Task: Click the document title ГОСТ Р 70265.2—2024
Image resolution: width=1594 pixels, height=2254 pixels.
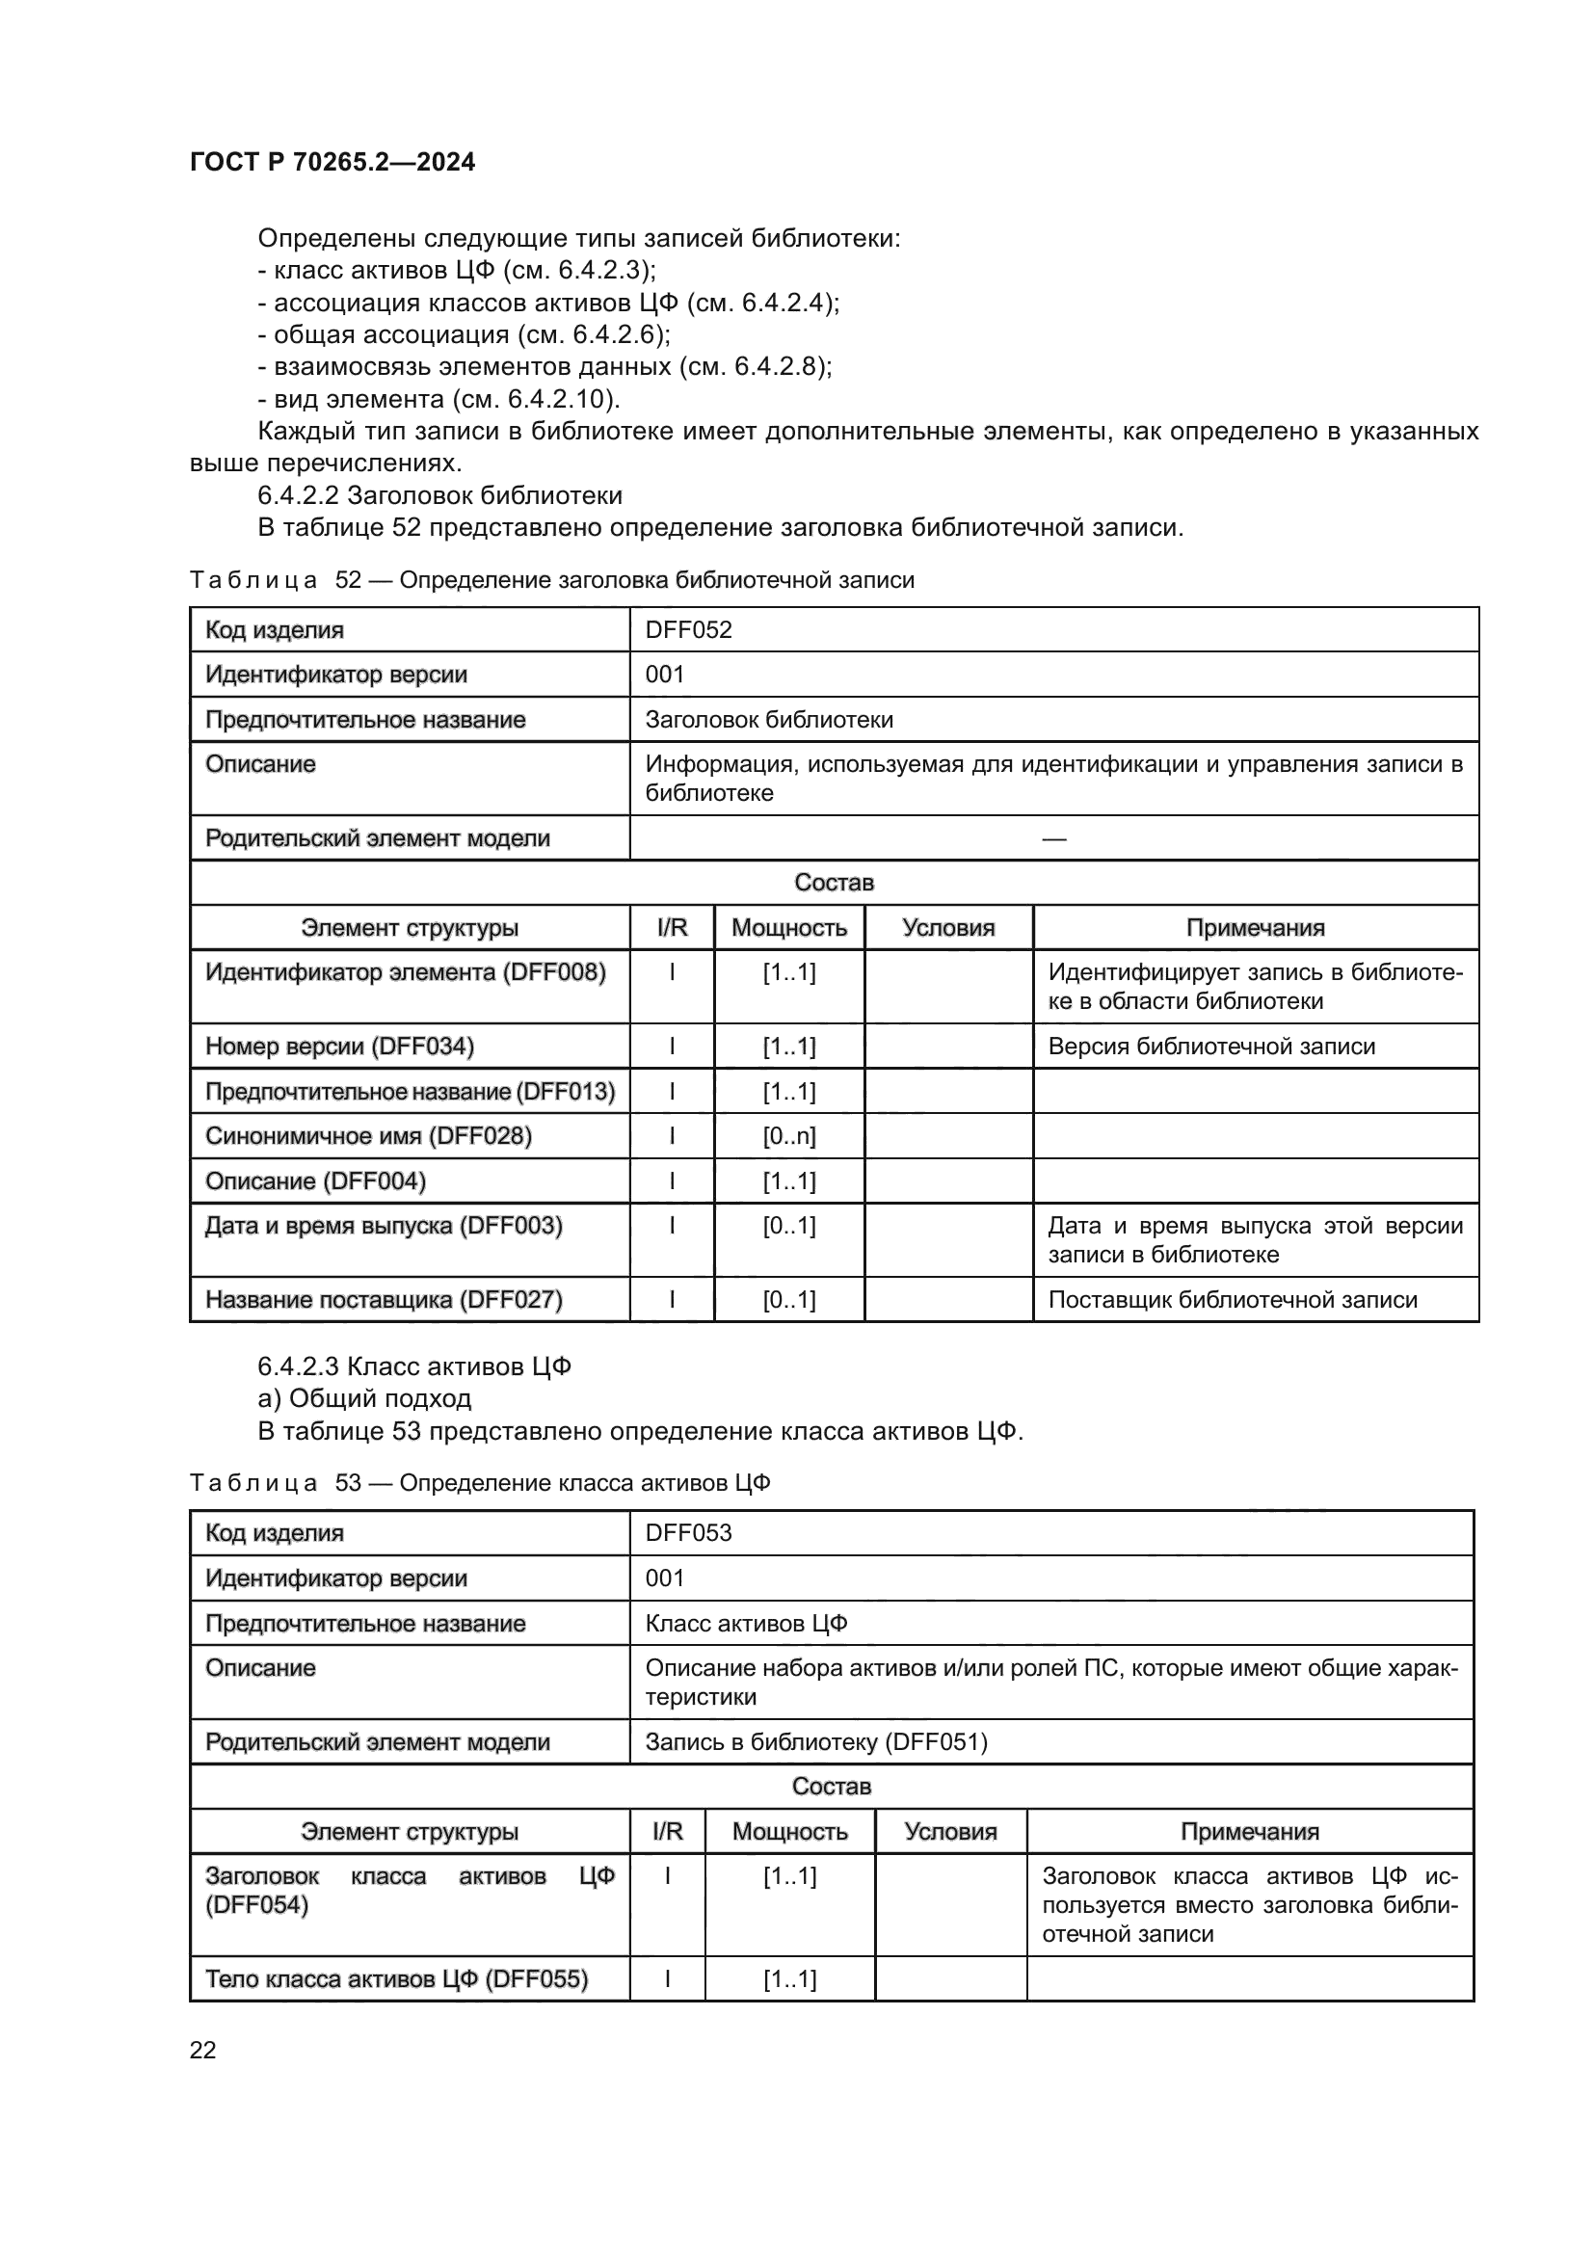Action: [332, 162]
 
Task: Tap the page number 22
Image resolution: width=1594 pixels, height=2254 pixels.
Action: [202, 2050]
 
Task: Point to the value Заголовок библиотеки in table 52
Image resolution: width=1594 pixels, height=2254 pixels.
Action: [768, 720]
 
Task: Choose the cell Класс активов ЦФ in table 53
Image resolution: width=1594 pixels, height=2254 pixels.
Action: [746, 1623]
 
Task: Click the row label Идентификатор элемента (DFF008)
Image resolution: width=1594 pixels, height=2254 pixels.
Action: [406, 972]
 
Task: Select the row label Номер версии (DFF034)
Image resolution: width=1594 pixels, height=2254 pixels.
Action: [339, 1047]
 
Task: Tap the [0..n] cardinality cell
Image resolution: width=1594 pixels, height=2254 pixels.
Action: [789, 1136]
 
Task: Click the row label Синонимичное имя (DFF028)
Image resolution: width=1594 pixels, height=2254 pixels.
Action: [368, 1136]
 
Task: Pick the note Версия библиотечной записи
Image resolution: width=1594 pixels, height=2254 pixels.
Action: [1211, 1047]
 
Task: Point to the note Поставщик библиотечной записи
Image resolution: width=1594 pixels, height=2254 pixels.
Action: [1233, 1300]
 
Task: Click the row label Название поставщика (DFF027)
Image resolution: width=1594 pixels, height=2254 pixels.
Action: [384, 1300]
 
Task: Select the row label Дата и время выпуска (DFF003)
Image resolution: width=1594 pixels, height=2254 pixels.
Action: [384, 1225]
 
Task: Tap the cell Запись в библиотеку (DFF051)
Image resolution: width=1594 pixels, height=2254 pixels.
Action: [815, 1741]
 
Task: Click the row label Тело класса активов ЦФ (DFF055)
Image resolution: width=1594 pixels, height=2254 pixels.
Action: [396, 1979]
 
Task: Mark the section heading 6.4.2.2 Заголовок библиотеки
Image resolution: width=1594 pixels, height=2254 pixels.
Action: [439, 494]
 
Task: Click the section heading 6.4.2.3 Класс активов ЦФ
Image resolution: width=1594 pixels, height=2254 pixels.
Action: [414, 1366]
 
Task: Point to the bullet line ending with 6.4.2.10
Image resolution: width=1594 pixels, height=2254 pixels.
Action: [438, 399]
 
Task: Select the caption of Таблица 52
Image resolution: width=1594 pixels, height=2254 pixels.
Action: [551, 580]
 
